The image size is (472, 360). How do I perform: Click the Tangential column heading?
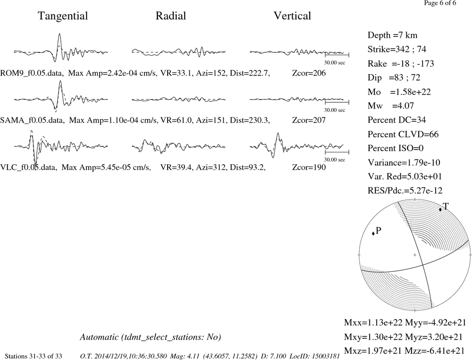tap(63, 16)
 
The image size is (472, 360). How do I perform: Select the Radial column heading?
tap(171, 16)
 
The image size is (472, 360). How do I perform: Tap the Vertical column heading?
tap(292, 16)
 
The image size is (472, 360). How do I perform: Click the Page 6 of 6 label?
tap(440, 3)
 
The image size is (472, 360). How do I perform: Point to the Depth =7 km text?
tap(393, 35)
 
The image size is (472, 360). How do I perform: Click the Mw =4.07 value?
tap(391, 106)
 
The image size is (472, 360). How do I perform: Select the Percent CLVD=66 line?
tap(403, 134)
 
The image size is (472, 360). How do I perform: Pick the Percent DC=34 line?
tap(397, 120)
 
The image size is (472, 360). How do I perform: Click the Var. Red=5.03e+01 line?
tap(405, 176)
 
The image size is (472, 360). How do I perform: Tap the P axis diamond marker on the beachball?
tap(373, 233)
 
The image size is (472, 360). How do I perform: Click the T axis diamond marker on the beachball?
tap(440, 209)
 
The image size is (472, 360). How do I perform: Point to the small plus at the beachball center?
tap(415, 255)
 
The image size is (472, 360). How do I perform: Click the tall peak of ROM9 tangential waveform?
tap(59, 33)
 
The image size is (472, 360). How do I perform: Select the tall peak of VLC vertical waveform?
tap(278, 134)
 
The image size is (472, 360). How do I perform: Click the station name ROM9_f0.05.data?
tap(32, 73)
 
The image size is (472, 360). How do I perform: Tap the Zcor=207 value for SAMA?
tap(309, 120)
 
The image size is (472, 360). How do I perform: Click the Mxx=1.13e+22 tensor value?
tap(373, 323)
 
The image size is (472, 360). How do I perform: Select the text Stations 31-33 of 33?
tap(34, 356)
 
